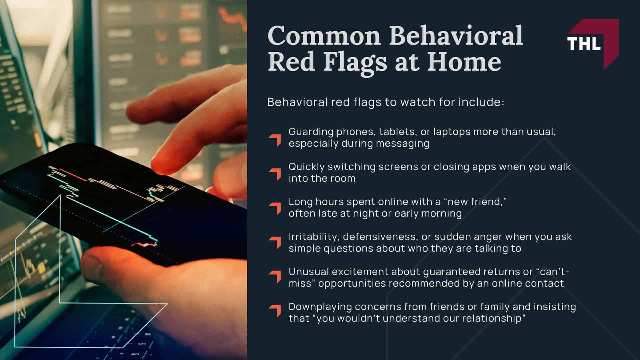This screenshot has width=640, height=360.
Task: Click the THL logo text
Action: pyautogui.click(x=584, y=44)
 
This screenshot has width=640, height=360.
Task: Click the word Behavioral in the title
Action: pyautogui.click(x=456, y=36)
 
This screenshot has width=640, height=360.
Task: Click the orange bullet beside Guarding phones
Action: pyautogui.click(x=275, y=140)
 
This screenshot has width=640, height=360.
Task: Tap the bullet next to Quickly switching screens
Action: pyautogui.click(x=275, y=174)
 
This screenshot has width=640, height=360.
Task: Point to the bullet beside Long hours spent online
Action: pyautogui.click(x=275, y=208)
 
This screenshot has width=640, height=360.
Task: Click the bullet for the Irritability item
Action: pyautogui.click(x=275, y=243)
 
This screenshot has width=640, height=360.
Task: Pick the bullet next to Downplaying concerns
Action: pyautogui.click(x=275, y=311)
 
